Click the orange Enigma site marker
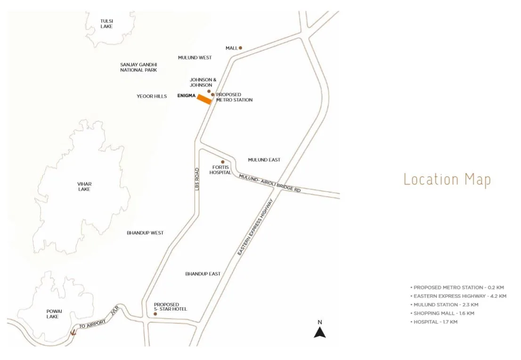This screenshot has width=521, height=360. pyautogui.click(x=204, y=99)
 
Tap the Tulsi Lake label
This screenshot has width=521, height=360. pyautogui.click(x=106, y=24)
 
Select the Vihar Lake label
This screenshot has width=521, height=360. pyautogui.click(x=84, y=186)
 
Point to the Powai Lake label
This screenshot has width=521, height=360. pyautogui.click(x=52, y=314)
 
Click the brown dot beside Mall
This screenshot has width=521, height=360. pyautogui.click(x=240, y=48)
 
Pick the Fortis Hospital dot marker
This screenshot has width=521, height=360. pyautogui.click(x=223, y=162)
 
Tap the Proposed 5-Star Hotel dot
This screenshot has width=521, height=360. pyautogui.click(x=155, y=313)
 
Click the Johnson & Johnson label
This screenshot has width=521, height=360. pyautogui.click(x=203, y=82)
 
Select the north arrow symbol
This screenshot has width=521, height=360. pyautogui.click(x=320, y=332)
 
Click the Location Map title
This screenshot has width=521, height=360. pyautogui.click(x=447, y=180)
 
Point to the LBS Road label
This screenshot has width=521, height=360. pyautogui.click(x=197, y=179)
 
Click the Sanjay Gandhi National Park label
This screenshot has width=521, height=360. pyautogui.click(x=138, y=67)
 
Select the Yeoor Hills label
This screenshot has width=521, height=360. pyautogui.click(x=152, y=96)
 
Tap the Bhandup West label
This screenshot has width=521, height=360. pyautogui.click(x=145, y=233)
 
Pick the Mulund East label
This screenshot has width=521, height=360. pyautogui.click(x=264, y=160)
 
